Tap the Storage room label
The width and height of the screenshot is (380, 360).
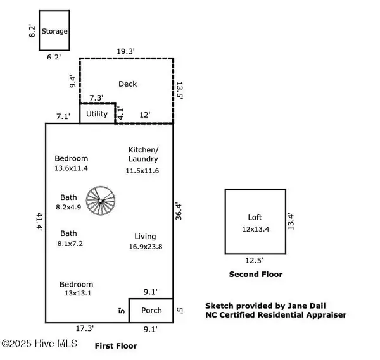(x=54, y=31)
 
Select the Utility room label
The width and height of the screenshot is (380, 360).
(x=97, y=114)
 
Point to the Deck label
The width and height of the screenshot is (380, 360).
(x=127, y=84)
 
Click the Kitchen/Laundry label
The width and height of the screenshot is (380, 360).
(x=142, y=154)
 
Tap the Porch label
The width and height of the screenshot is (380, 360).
(x=151, y=310)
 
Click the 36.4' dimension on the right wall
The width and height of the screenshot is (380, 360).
(x=179, y=211)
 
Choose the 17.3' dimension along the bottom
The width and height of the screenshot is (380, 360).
(x=84, y=328)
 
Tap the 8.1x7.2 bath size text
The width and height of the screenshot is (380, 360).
(x=70, y=243)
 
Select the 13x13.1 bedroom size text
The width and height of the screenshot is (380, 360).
(x=76, y=293)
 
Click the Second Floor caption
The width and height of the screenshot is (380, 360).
(x=255, y=275)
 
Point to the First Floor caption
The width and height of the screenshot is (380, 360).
(x=115, y=346)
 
